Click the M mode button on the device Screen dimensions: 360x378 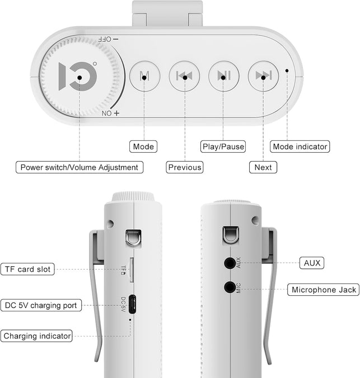144,76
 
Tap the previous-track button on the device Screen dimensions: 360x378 184,76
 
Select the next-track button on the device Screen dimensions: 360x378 263,76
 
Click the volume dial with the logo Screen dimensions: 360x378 80,77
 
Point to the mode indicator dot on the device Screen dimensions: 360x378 287,70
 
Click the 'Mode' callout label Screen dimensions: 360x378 143,147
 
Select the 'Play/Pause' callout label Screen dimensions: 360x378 223,147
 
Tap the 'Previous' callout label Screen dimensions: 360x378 185,167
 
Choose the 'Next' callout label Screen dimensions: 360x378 263,167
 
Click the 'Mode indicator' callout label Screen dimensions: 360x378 300,147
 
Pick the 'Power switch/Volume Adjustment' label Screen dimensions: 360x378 80,167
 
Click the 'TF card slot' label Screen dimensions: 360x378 27,269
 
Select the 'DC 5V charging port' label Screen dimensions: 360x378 41,305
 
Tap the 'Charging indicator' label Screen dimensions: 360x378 37,336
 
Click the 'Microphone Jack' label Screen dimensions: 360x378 324,290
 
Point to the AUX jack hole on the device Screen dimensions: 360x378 230,263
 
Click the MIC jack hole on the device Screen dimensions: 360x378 230,287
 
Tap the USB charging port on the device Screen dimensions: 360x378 132,304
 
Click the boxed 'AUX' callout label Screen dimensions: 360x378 312,263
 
